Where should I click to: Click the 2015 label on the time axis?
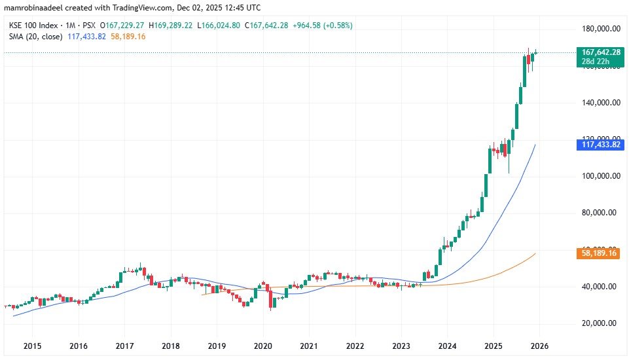click(32, 346)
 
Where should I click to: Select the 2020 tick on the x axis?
click(262, 346)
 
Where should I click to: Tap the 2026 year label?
click(539, 346)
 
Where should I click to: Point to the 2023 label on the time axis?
click(401, 346)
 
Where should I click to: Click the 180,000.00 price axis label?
click(601, 29)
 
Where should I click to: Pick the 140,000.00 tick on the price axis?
click(601, 103)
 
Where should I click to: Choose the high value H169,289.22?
click(173, 26)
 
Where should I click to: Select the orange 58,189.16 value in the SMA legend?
click(128, 37)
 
